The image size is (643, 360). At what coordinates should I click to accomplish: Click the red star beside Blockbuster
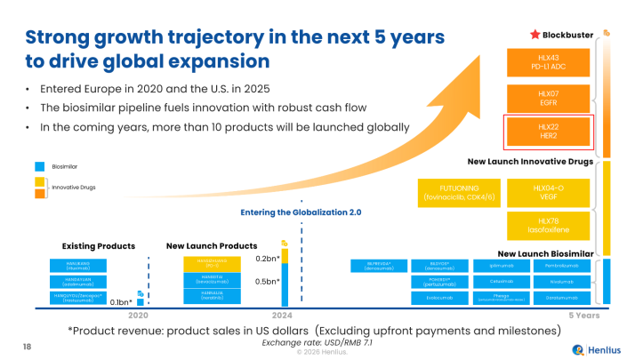(x=535, y=34)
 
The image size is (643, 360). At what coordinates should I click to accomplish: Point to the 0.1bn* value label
(x=122, y=302)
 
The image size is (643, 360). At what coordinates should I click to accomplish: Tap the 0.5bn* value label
(x=268, y=282)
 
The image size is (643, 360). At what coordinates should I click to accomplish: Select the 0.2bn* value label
(x=268, y=259)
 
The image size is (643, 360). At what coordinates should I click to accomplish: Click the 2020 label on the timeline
(x=137, y=316)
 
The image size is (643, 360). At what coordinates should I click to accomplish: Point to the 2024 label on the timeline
(x=282, y=316)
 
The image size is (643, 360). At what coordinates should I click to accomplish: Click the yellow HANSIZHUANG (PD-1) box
(x=211, y=262)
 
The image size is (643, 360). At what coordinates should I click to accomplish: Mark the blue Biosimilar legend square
(x=39, y=166)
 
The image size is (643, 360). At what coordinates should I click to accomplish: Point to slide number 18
(x=26, y=345)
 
